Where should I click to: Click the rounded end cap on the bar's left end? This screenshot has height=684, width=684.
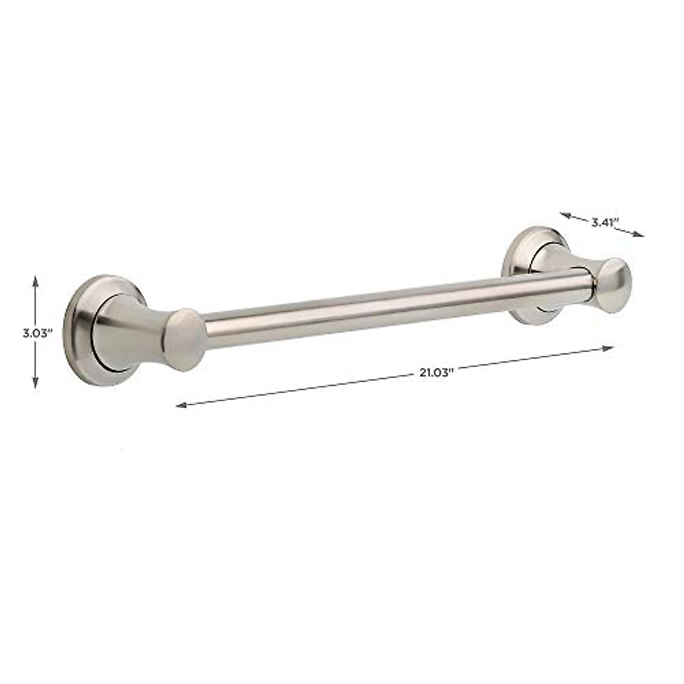coord(185,340)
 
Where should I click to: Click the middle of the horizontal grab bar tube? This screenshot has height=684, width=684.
coord(393,311)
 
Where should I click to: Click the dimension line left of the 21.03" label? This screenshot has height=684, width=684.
coord(296,390)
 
